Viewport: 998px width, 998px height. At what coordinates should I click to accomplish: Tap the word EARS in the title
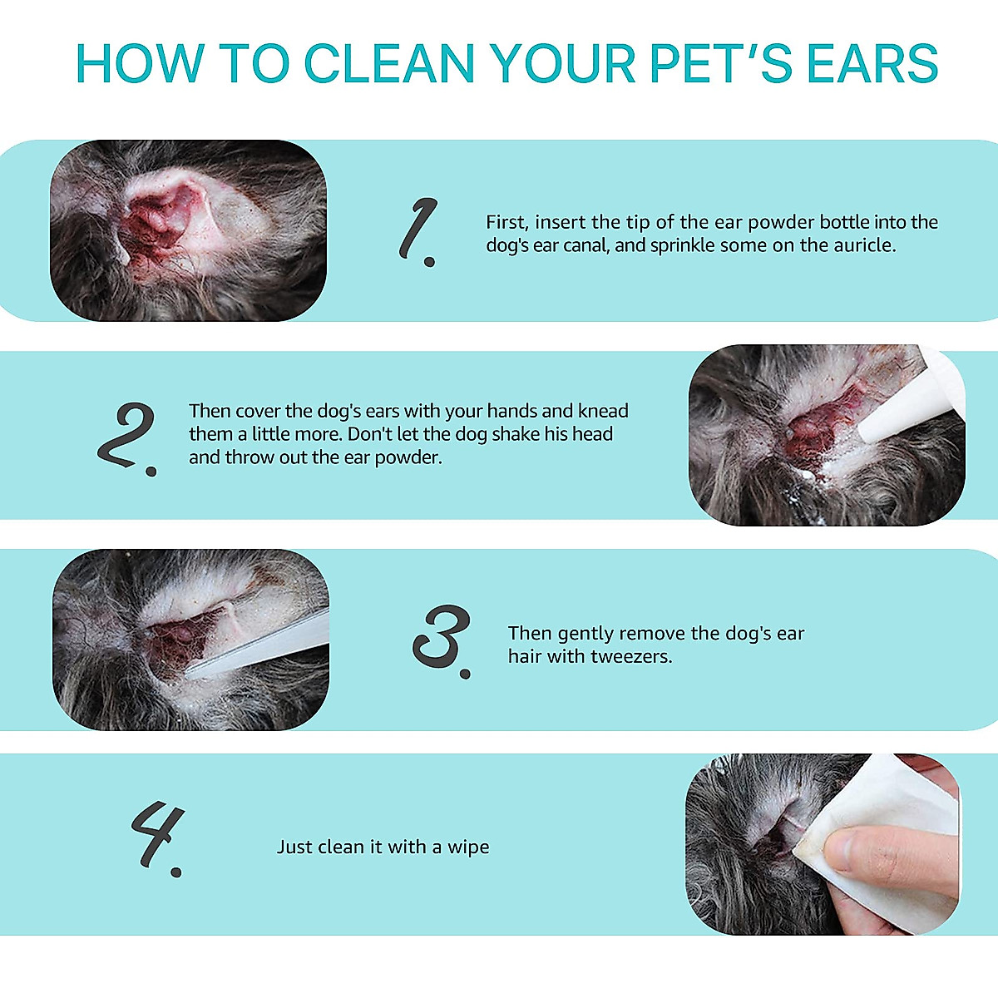[x=872, y=64]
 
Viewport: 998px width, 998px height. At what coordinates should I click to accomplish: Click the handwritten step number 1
[x=418, y=232]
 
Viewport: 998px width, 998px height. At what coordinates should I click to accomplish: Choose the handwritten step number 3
[x=442, y=640]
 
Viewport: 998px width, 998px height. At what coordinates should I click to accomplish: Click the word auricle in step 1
[x=864, y=245]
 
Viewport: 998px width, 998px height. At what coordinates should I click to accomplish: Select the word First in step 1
[x=506, y=222]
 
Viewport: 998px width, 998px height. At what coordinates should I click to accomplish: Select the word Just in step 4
[x=294, y=847]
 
